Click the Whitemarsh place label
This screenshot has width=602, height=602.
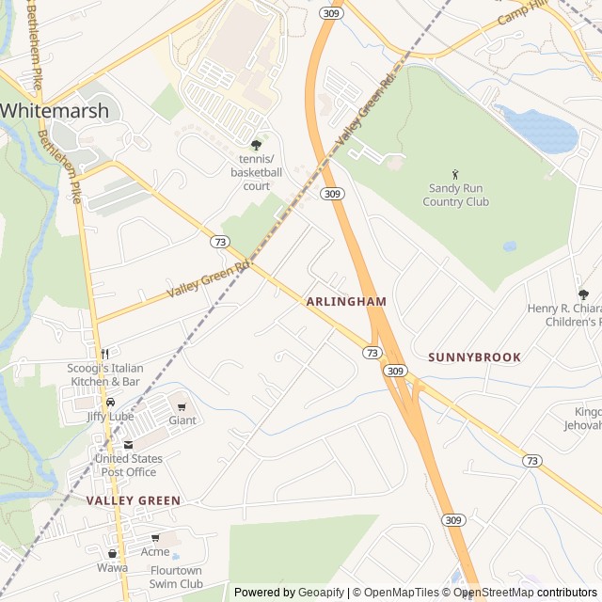[x=54, y=110]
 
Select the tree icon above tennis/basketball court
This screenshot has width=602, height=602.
[x=256, y=146]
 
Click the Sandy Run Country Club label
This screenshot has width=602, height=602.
[x=456, y=195]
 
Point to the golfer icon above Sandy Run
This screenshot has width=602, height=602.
[x=456, y=174]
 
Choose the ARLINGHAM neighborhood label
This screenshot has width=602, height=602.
[x=346, y=301]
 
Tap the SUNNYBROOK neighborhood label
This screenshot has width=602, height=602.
[x=474, y=357]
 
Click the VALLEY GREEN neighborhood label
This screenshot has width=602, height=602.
[x=133, y=500]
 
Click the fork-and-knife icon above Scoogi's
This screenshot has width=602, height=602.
[x=104, y=353]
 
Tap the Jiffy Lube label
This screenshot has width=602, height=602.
[x=110, y=417]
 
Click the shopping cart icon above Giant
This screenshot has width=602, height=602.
[x=182, y=405]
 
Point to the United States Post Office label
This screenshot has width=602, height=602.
[x=128, y=465]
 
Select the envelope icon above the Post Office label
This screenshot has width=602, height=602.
[x=128, y=444]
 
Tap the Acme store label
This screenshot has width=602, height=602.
[x=155, y=552]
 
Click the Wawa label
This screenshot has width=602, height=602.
[x=112, y=568]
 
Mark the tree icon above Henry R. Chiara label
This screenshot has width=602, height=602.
[x=583, y=294]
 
